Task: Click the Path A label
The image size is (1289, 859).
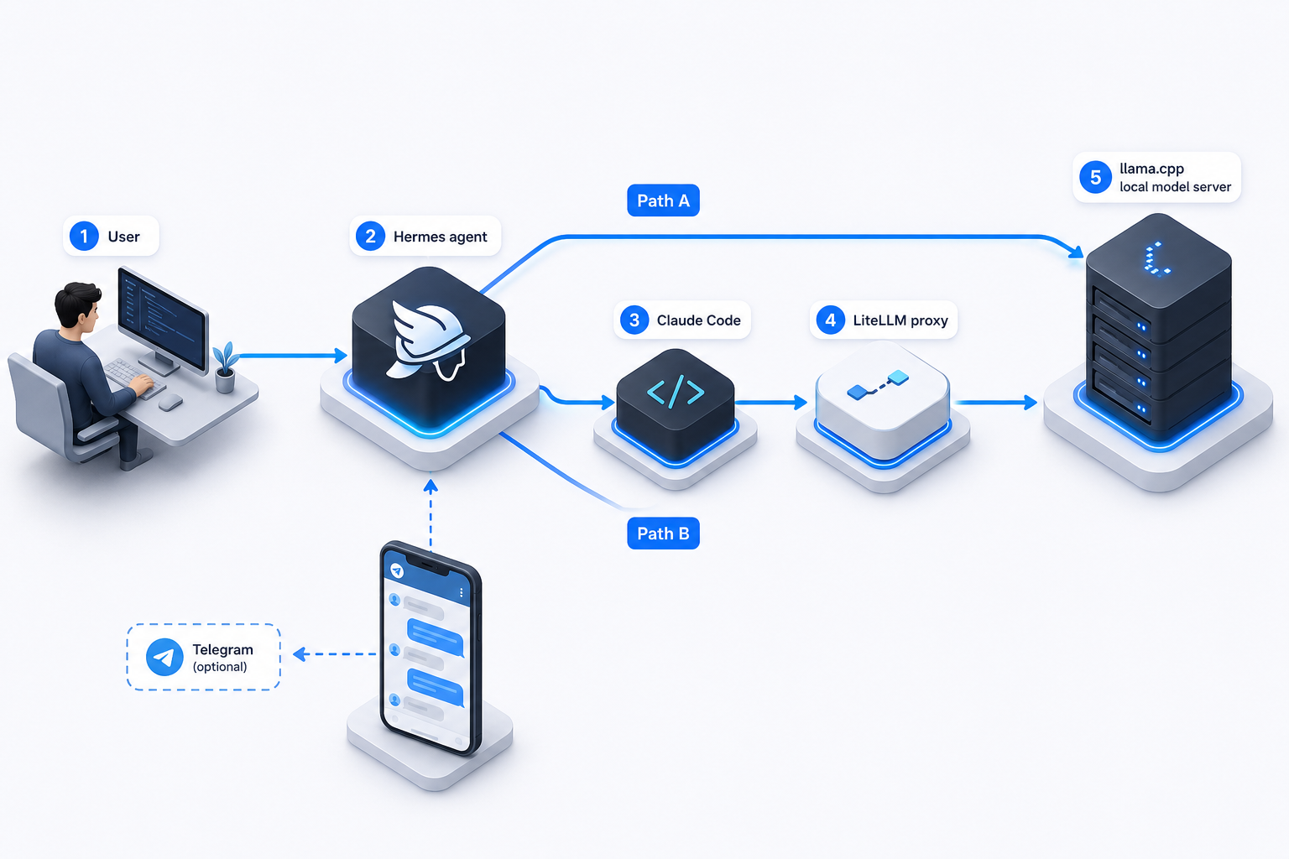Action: [663, 200]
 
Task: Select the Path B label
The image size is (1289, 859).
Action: [663, 534]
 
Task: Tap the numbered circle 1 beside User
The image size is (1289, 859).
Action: [84, 236]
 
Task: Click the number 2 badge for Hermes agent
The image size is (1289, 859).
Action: [371, 236]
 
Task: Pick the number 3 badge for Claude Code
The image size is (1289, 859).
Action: [634, 320]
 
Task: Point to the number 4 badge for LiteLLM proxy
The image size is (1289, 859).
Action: [830, 320]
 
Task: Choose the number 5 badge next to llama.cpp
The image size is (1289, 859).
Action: [1096, 177]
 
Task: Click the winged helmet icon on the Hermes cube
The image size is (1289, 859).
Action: [428, 341]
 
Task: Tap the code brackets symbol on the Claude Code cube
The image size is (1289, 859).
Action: [676, 392]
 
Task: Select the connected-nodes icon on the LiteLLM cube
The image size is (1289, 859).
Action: [878, 385]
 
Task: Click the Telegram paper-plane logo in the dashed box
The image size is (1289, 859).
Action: [164, 657]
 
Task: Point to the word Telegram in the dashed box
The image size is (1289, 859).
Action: [222, 649]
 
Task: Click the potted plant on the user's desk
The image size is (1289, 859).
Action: [225, 368]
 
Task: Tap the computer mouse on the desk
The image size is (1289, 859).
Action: [170, 402]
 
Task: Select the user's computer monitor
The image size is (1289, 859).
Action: [163, 320]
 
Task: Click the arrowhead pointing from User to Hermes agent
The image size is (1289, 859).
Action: [341, 356]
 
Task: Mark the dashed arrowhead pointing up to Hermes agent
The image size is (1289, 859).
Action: [431, 487]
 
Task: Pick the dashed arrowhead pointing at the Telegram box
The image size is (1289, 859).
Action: [300, 654]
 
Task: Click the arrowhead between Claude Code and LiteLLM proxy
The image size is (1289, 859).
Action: [801, 402]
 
